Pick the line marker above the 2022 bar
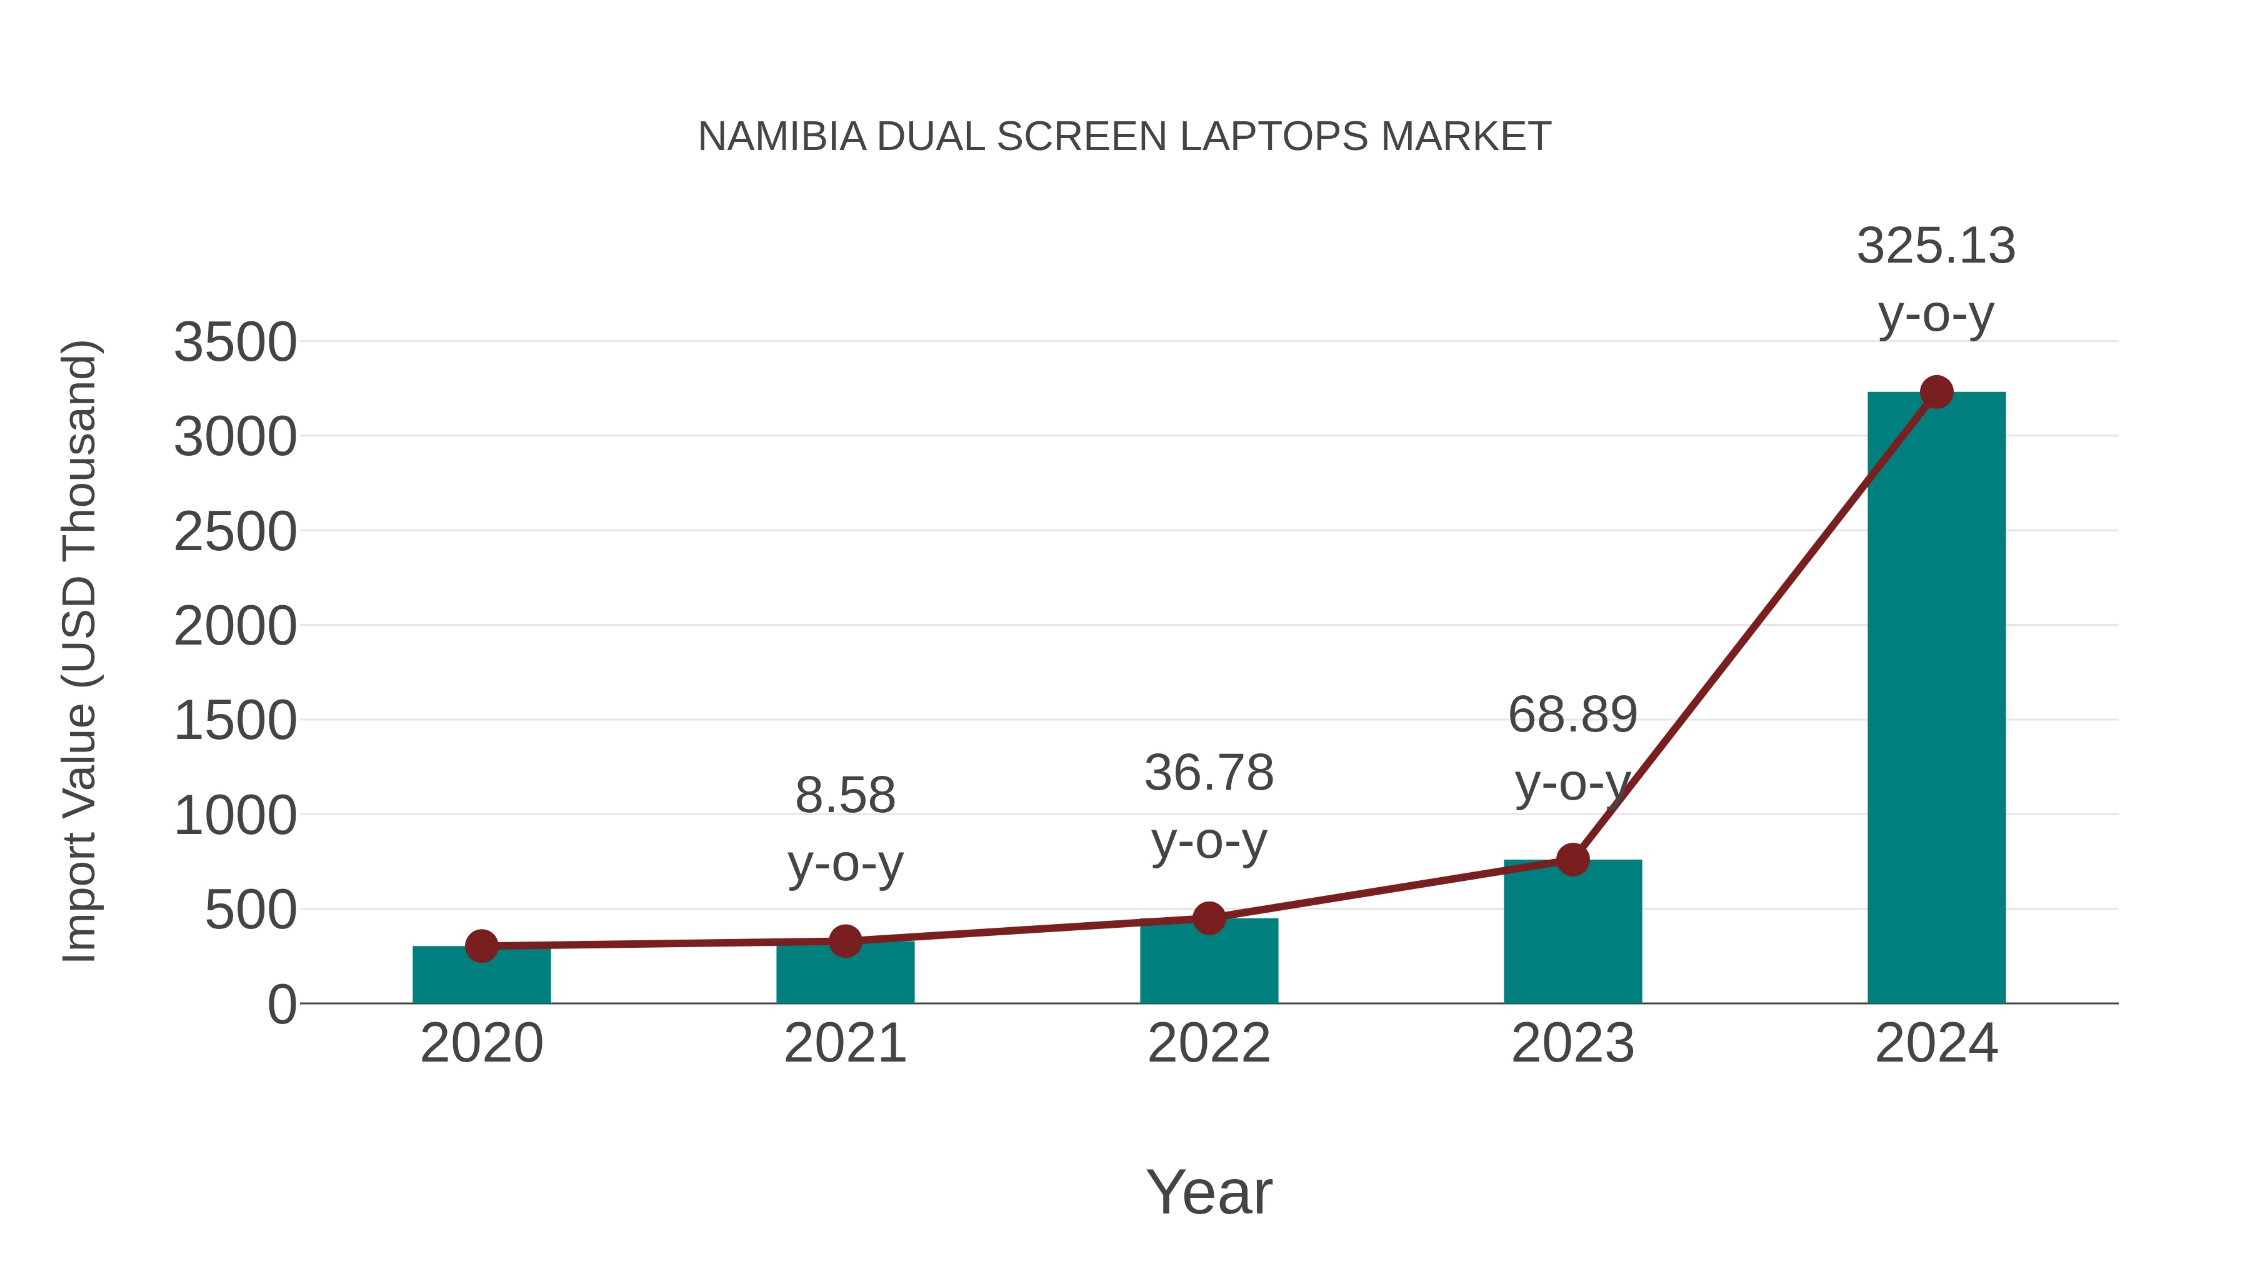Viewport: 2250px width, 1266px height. pyautogui.click(x=1209, y=918)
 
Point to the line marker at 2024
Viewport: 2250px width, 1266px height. pyautogui.click(x=1936, y=392)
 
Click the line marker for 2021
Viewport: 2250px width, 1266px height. pyautogui.click(x=844, y=941)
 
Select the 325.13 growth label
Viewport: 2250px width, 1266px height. pyautogui.click(x=1936, y=246)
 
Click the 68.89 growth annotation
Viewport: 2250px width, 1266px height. pyautogui.click(x=1572, y=715)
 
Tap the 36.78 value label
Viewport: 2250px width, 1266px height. pyautogui.click(x=1209, y=773)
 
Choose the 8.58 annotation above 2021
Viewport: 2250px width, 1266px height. pyautogui.click(x=844, y=796)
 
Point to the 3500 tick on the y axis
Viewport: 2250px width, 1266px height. pyautogui.click(x=235, y=343)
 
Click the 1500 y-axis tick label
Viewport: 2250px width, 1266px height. pyautogui.click(x=235, y=721)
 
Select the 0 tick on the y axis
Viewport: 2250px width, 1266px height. pyautogui.click(x=281, y=1005)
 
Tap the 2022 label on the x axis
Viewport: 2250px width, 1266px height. pyautogui.click(x=1209, y=1043)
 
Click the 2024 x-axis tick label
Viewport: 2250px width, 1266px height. pyautogui.click(x=1936, y=1043)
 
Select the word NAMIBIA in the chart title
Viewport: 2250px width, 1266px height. pyautogui.click(x=782, y=137)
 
